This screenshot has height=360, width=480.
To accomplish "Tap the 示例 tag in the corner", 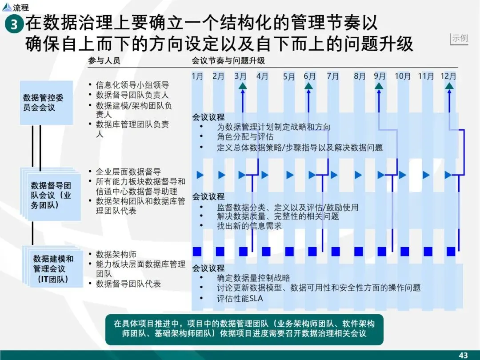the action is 460,38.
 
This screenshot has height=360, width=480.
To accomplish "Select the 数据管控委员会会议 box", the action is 46,103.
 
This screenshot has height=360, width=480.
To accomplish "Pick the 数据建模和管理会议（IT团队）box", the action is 53,268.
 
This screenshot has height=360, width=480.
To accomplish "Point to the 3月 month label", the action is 240,76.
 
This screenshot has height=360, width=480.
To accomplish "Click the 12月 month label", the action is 448,76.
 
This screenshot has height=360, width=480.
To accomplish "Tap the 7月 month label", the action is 333,76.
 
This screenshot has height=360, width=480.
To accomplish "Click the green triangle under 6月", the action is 310,86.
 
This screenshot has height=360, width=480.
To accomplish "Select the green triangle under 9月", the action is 380,86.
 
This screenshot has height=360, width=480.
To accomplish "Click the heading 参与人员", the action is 104,61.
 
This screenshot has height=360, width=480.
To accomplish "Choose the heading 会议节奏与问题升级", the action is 228,61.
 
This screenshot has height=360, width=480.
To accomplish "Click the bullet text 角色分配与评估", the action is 245,137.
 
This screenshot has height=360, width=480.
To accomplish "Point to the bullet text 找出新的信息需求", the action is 249,226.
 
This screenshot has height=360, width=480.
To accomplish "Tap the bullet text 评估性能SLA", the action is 240,299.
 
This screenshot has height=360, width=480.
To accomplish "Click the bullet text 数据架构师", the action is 116,255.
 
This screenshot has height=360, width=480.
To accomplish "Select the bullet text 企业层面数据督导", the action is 128,172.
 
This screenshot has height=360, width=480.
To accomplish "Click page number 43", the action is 463,355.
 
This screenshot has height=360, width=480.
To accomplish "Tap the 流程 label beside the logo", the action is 21,8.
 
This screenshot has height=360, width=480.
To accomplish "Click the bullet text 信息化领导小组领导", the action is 132,85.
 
